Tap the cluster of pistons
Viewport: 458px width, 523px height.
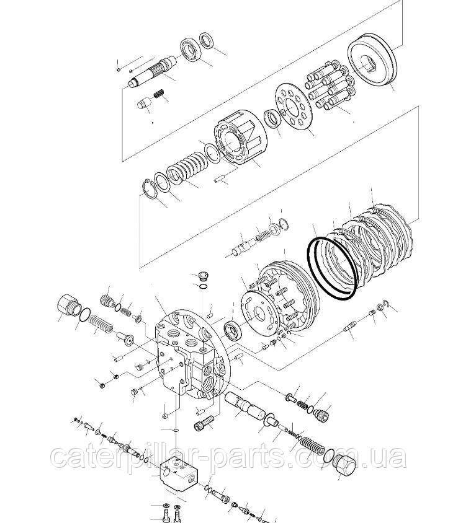pyautogui.click(x=330, y=85)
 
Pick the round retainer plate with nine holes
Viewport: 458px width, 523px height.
pyautogui.click(x=294, y=107)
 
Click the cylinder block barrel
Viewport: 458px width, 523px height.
pyautogui.click(x=240, y=137)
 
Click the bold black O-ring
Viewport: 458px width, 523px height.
pyautogui.click(x=333, y=268)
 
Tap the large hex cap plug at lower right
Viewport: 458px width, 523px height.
pyautogui.click(x=344, y=465)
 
